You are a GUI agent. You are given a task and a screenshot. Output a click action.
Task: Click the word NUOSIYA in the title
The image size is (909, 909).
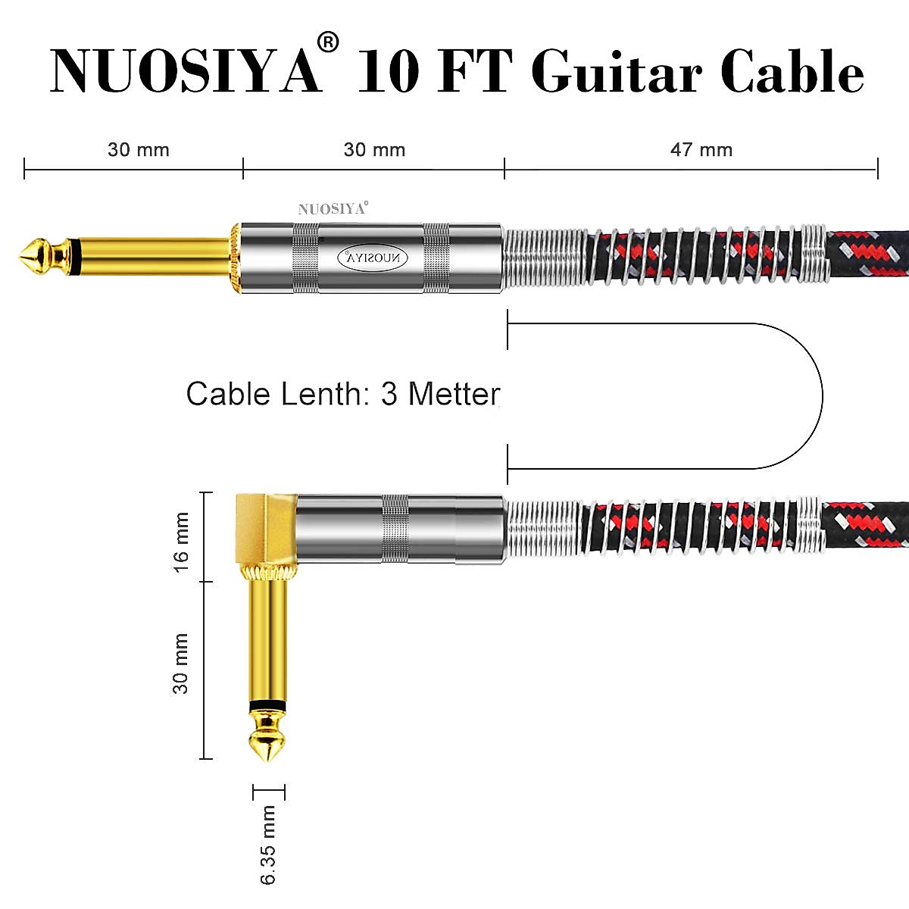point(185,72)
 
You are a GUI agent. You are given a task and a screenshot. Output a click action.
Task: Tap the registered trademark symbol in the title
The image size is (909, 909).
point(328,42)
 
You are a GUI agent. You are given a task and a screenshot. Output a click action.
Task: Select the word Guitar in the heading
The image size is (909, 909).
point(617,74)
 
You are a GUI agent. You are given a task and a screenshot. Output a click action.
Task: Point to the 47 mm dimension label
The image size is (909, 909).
point(701,149)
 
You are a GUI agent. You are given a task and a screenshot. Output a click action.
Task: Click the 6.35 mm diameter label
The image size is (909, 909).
point(268,845)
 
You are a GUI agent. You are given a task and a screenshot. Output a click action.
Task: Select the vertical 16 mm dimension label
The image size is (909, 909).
point(182,542)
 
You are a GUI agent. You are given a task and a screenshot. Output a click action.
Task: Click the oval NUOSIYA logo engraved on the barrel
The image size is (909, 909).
point(372,258)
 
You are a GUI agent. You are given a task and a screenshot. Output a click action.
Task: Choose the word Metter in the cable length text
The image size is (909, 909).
point(454,394)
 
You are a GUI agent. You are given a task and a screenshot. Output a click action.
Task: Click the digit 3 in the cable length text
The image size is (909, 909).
point(389,394)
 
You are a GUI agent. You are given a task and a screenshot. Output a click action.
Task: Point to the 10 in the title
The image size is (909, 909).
point(388,74)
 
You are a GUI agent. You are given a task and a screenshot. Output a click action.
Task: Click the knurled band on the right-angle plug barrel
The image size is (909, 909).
point(395,528)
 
